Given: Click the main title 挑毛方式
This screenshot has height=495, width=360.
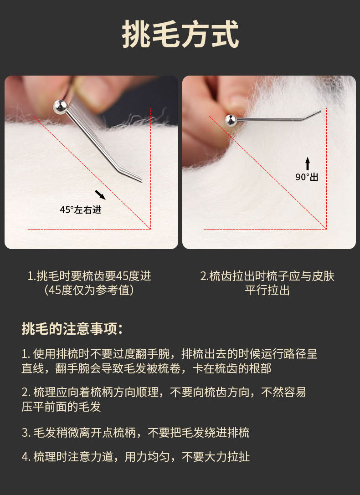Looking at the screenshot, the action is click(x=180, y=34).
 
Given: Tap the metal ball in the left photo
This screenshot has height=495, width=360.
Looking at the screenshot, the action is click(x=60, y=107).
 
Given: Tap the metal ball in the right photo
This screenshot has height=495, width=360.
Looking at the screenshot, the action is click(x=231, y=120).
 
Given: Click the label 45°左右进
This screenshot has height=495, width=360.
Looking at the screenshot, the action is click(x=81, y=209).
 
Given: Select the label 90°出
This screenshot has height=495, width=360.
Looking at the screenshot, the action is click(x=307, y=177).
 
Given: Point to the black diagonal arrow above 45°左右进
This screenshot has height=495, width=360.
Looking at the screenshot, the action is click(x=100, y=195).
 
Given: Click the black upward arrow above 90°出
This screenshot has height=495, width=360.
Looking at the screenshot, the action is click(x=308, y=164).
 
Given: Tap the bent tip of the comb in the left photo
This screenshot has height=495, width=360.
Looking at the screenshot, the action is click(x=142, y=181).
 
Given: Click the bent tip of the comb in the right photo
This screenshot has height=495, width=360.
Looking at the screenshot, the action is click(x=320, y=111).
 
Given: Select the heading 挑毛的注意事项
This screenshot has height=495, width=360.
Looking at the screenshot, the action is click(x=72, y=329).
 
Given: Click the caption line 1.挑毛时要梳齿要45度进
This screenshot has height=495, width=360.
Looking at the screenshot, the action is click(x=89, y=276).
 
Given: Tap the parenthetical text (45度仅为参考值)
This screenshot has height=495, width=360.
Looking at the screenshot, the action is click(x=89, y=290).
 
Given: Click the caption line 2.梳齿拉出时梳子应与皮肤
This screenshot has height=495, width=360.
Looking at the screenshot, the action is click(x=267, y=276).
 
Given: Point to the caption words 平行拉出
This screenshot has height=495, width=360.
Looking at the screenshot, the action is click(x=267, y=290).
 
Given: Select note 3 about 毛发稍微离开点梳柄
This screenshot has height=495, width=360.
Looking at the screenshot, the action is click(x=135, y=433).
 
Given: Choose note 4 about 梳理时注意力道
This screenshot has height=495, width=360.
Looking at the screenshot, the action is click(x=136, y=457).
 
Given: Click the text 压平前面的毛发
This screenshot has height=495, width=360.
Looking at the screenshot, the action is click(x=61, y=406).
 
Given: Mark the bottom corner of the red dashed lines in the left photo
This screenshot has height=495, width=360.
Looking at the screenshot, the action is click(x=151, y=229).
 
